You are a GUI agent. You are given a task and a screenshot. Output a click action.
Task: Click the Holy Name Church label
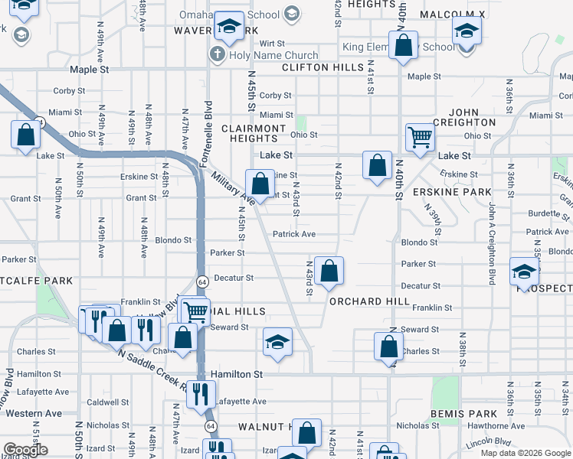coord(273,55)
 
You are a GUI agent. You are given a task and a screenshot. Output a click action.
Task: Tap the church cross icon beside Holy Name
coord(218,55)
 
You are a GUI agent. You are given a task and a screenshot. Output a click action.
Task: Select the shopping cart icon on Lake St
coord(420,138)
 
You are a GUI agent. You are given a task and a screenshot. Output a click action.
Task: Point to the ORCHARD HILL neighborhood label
coord(369,301)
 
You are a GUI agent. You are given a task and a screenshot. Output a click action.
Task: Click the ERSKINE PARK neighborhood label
coord(451,191)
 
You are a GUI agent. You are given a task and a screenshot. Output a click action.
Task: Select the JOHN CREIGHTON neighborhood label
coord(465,117)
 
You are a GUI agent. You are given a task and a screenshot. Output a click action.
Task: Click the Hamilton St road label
coord(237,374)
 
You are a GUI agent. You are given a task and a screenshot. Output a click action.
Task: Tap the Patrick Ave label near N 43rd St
coord(294,234)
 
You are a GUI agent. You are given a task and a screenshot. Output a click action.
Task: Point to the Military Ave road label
coord(234,187)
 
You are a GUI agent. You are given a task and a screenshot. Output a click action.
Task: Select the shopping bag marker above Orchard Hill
coord(329,271)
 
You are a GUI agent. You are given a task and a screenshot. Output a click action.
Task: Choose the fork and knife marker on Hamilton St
coord(200,393)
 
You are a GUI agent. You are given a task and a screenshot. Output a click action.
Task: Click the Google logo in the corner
coord(25,450)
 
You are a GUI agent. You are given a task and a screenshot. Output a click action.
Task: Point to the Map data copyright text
coord(526,453)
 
